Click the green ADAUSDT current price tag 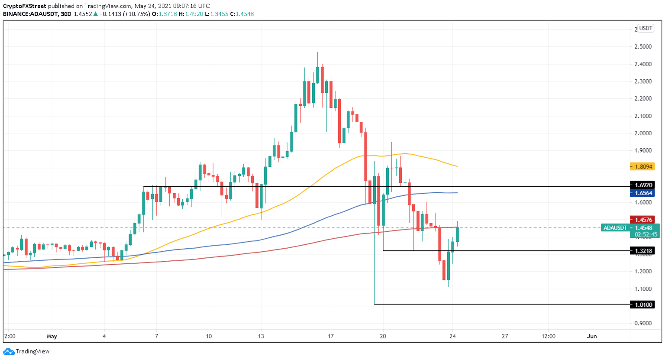[630, 228]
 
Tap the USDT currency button [646, 29]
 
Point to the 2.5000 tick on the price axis [643, 47]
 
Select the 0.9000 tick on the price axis [643, 323]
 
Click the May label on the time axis [52, 336]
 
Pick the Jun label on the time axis [592, 336]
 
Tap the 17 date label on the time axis [331, 336]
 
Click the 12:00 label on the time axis [548, 336]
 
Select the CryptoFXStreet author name [24, 6]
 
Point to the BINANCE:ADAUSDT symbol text [30, 14]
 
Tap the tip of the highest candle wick [317, 52]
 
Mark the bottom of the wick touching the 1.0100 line [374, 304]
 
